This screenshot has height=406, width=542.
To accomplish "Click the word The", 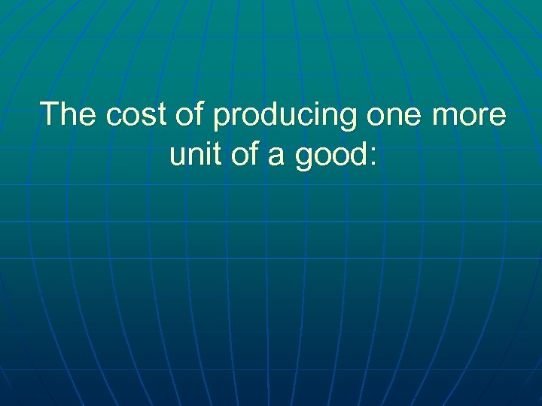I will [x=69, y=115].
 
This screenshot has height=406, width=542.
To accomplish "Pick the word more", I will [x=468, y=117].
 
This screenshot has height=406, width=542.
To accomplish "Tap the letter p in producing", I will [x=222, y=119].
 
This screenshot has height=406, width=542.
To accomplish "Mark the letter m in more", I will [x=442, y=117].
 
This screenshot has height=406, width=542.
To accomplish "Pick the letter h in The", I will [x=70, y=115].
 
